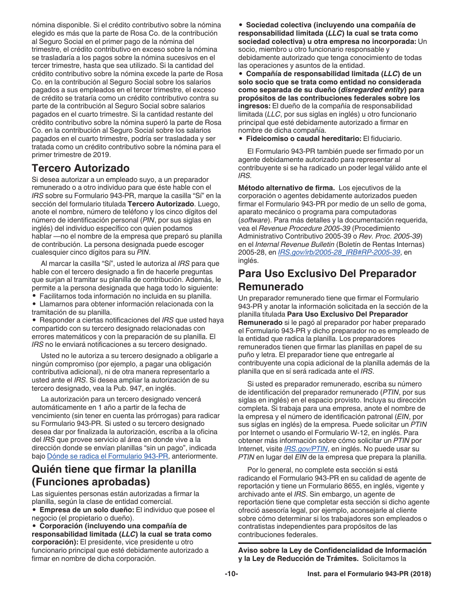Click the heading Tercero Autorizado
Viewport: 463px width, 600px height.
(x=80, y=168)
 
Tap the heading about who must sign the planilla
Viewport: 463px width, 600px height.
(x=114, y=475)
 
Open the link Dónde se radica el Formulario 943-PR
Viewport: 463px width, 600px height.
(x=108, y=456)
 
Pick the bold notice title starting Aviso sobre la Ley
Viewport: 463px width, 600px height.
(x=332, y=550)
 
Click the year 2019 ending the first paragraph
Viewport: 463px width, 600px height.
(x=103, y=155)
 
